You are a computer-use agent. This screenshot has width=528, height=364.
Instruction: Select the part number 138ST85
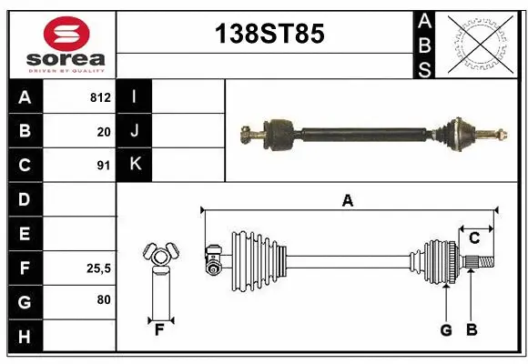(268, 35)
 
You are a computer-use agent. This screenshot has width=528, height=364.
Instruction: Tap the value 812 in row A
(100, 96)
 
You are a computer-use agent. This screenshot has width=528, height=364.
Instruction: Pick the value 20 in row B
(104, 131)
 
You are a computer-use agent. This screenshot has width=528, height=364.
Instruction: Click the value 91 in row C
(104, 166)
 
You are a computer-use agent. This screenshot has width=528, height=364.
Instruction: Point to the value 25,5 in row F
(98, 268)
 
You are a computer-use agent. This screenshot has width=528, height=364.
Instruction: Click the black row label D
(25, 199)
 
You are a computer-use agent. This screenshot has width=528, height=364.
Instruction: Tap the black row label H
(25, 338)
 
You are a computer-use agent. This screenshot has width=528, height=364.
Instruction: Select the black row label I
(134, 96)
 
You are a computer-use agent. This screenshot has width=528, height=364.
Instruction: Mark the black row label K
(134, 166)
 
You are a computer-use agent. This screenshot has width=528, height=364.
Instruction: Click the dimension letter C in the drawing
(473, 238)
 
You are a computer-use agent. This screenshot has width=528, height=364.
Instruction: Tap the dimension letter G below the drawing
(446, 330)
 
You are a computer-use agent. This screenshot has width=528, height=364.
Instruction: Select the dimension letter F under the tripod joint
(159, 330)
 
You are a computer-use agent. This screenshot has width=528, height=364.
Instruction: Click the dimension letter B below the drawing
(472, 330)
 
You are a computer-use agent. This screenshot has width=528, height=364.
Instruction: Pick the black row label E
(25, 234)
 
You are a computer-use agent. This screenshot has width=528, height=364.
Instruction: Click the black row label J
(134, 131)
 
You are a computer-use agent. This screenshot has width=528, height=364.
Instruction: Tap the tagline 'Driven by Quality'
(66, 69)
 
